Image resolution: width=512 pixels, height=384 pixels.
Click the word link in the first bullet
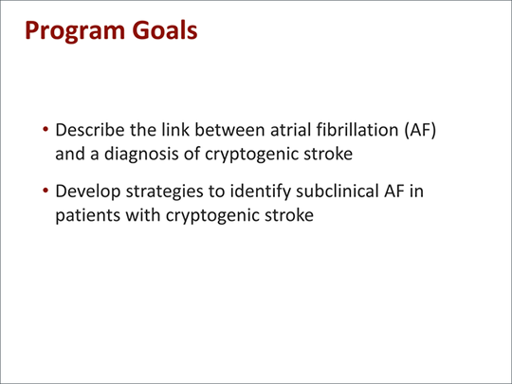tap(181, 130)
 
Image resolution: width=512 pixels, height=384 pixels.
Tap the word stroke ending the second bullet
tap(283, 215)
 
